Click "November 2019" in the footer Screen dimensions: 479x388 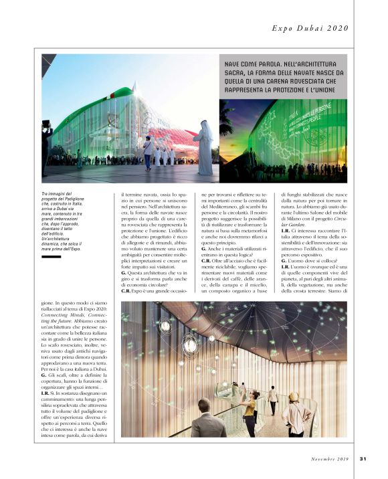click(331, 458)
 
